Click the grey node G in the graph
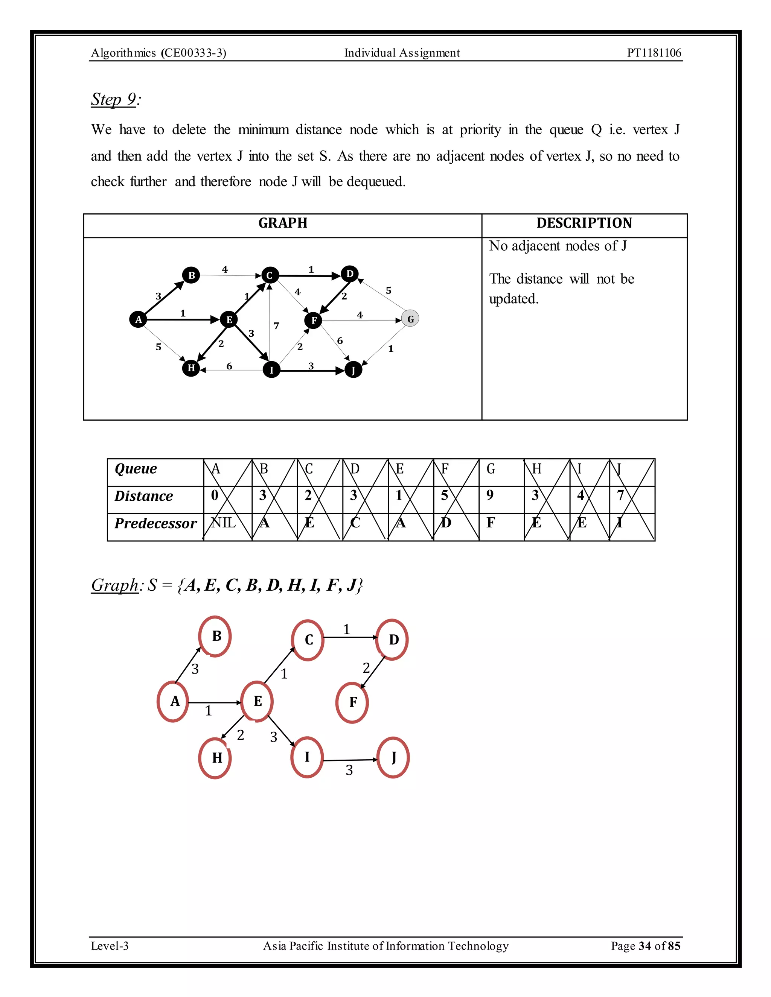coord(410,319)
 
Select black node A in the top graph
coord(138,319)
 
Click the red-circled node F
coord(352,702)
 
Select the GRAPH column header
coord(283,223)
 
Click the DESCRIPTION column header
coord(584,223)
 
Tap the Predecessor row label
coord(155,523)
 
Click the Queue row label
coord(136,469)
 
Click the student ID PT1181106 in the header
coord(654,53)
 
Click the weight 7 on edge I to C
coord(276,326)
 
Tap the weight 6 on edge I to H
coord(229,366)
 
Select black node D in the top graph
coord(350,274)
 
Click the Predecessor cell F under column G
coord(491,523)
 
